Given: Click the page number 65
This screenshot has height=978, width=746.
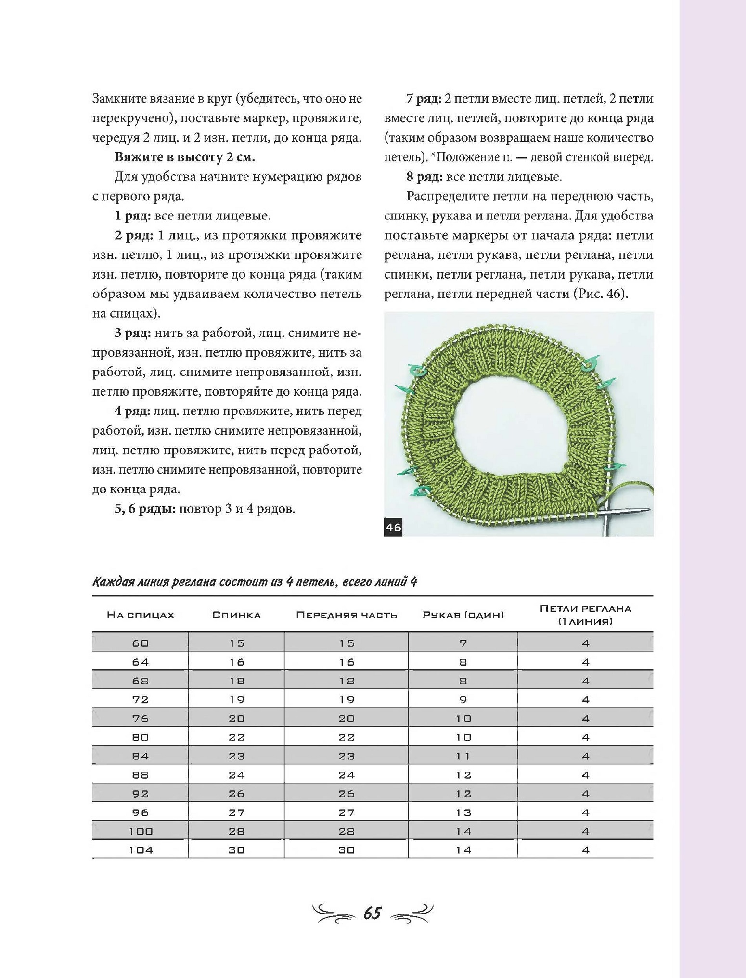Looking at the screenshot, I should [373, 913].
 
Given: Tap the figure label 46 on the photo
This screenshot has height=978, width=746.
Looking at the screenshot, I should [393, 527].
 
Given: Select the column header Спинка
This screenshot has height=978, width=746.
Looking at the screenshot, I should [236, 615].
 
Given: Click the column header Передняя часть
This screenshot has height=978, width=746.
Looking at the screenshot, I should [347, 615].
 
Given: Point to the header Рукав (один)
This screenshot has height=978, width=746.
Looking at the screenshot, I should [463, 615].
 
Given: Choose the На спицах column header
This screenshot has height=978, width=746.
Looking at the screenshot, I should [140, 615].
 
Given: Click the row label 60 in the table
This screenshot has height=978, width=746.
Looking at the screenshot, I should [140, 643].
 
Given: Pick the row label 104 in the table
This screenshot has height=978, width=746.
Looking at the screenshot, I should [141, 850].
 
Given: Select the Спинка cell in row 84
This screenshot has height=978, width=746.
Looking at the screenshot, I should [236, 757].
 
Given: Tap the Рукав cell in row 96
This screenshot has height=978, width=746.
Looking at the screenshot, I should [463, 813].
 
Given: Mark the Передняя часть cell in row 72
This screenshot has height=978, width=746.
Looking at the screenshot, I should [347, 700].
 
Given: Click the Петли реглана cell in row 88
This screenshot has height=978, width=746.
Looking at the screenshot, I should [585, 775].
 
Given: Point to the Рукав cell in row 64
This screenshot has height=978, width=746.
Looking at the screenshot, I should [463, 662].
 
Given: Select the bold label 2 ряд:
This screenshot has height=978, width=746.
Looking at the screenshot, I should [134, 236].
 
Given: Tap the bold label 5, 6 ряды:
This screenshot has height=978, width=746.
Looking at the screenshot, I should [145, 509].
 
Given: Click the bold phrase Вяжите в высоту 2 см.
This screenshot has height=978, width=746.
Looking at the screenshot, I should [184, 157].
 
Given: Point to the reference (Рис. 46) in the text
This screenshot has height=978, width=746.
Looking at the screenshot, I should [600, 294].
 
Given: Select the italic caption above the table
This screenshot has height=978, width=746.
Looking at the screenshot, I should [255, 582].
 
